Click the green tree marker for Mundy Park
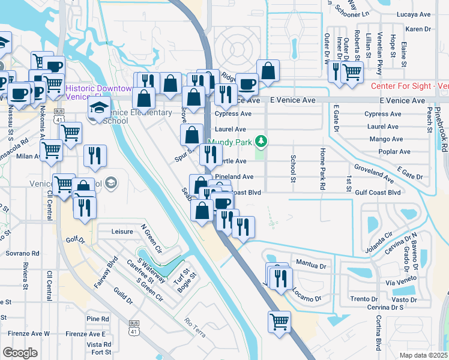(261, 142)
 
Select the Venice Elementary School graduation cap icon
(99, 108)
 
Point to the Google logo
(20, 353)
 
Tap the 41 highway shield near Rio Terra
(133, 328)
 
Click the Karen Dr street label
(418, 29)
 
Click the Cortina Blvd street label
(379, 333)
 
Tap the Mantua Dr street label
(311, 265)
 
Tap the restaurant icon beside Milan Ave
(95, 156)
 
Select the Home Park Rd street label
(322, 169)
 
